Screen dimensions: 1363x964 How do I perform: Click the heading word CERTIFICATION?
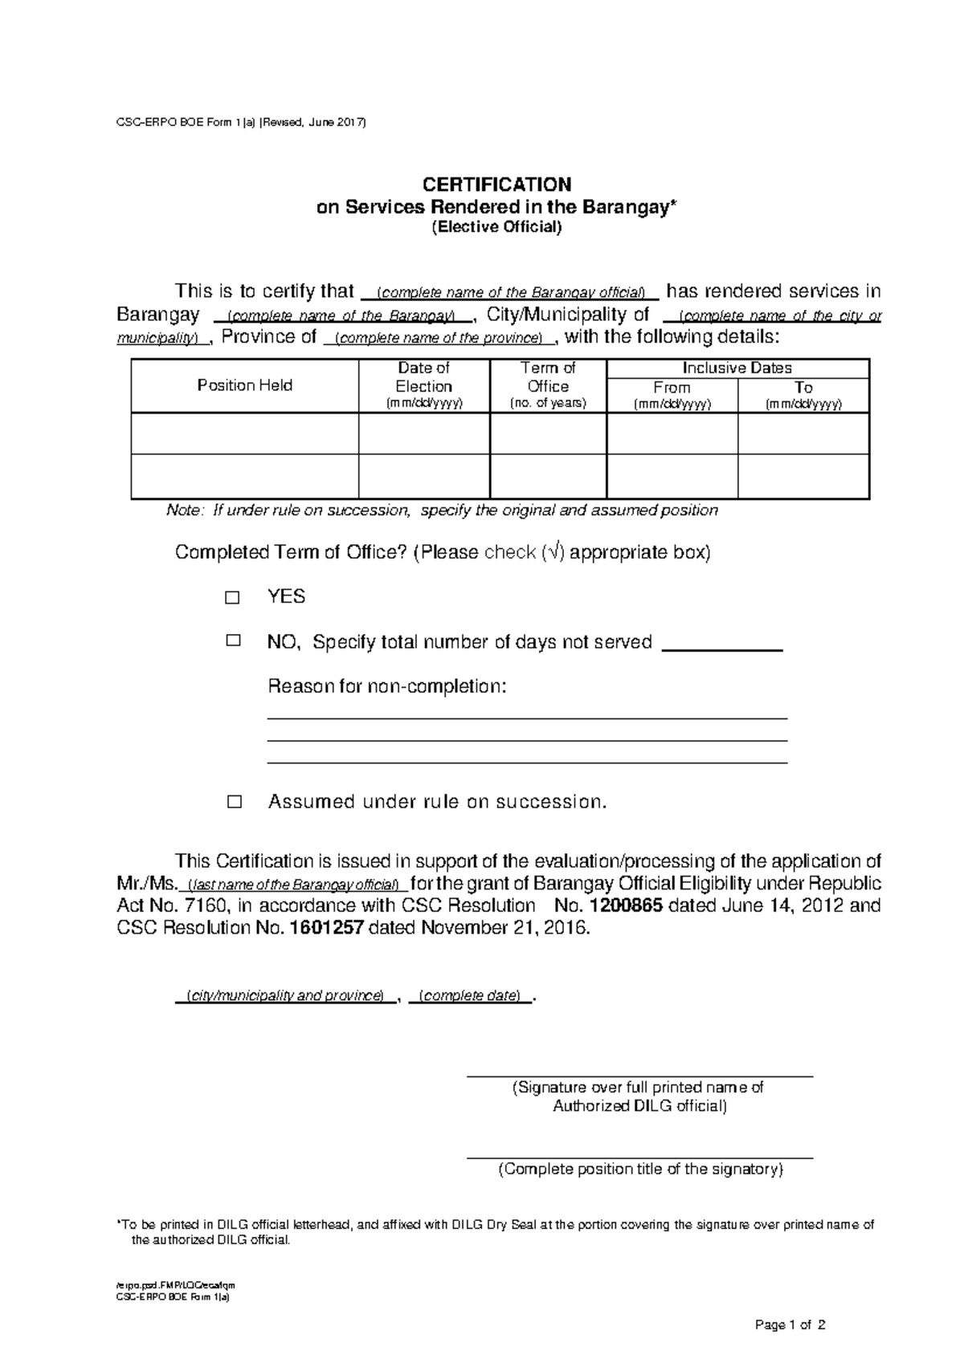[497, 185]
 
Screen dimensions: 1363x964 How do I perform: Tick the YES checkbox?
[233, 598]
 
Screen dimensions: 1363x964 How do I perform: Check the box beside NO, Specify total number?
[233, 641]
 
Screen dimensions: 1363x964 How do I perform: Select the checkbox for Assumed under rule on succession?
[234, 802]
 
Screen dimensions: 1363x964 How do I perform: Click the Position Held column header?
[244, 386]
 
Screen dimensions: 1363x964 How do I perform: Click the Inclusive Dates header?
[737, 368]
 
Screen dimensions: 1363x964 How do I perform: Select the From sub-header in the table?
[672, 388]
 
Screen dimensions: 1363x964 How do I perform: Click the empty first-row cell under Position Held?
[244, 434]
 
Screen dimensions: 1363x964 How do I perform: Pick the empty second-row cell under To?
[803, 477]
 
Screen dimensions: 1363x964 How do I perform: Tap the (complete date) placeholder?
[471, 996]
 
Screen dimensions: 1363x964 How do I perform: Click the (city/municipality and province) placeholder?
[284, 996]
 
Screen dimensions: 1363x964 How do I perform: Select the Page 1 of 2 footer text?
[790, 1325]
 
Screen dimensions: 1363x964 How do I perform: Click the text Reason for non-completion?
[387, 687]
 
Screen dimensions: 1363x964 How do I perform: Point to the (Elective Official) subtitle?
[497, 227]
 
